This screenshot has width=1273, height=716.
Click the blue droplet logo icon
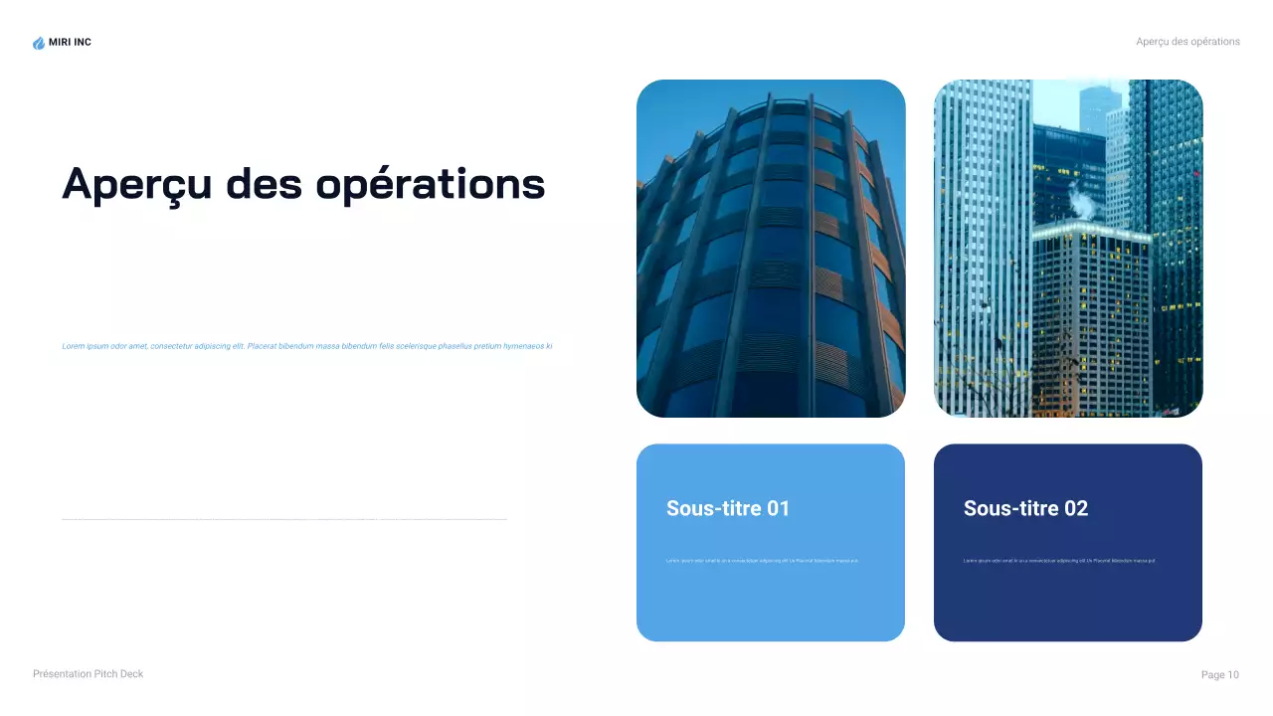(x=39, y=43)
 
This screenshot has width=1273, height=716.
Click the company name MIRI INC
(x=70, y=43)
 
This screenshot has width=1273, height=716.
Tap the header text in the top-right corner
(x=1187, y=42)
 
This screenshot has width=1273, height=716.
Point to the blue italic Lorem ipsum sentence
(x=306, y=346)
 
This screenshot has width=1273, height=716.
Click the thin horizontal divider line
(x=284, y=519)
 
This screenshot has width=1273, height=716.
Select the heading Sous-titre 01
(x=728, y=508)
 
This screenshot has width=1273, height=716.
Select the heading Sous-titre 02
(x=1025, y=508)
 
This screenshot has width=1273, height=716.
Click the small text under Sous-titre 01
(x=762, y=561)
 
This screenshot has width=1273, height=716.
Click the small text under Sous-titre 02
(x=1059, y=561)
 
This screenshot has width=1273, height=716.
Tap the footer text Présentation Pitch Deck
(x=88, y=674)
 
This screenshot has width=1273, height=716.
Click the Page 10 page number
(x=1219, y=675)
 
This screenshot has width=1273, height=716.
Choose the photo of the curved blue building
(x=771, y=249)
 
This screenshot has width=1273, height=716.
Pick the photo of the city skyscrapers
(x=1068, y=249)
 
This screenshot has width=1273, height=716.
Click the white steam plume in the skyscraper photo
(x=1083, y=202)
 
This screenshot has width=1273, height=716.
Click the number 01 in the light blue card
(x=778, y=508)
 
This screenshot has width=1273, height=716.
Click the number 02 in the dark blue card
(x=1076, y=508)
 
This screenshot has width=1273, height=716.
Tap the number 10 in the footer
(x=1233, y=675)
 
